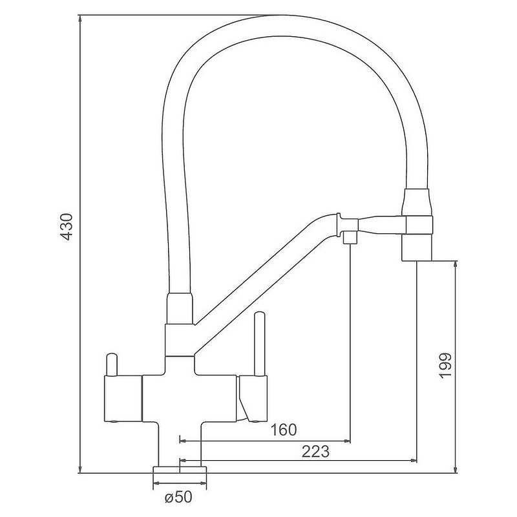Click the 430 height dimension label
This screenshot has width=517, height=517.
[67, 227]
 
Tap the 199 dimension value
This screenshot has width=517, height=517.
[445, 366]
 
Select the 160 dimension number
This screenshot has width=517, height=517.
[284, 430]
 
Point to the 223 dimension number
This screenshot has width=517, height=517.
[315, 452]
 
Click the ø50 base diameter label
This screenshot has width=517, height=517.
[178, 497]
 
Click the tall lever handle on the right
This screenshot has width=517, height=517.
[259, 343]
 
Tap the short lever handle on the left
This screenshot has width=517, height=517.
[111, 364]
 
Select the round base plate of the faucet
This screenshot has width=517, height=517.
[180, 470]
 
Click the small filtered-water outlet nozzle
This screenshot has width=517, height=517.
[349, 237]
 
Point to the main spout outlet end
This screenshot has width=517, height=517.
[417, 248]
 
